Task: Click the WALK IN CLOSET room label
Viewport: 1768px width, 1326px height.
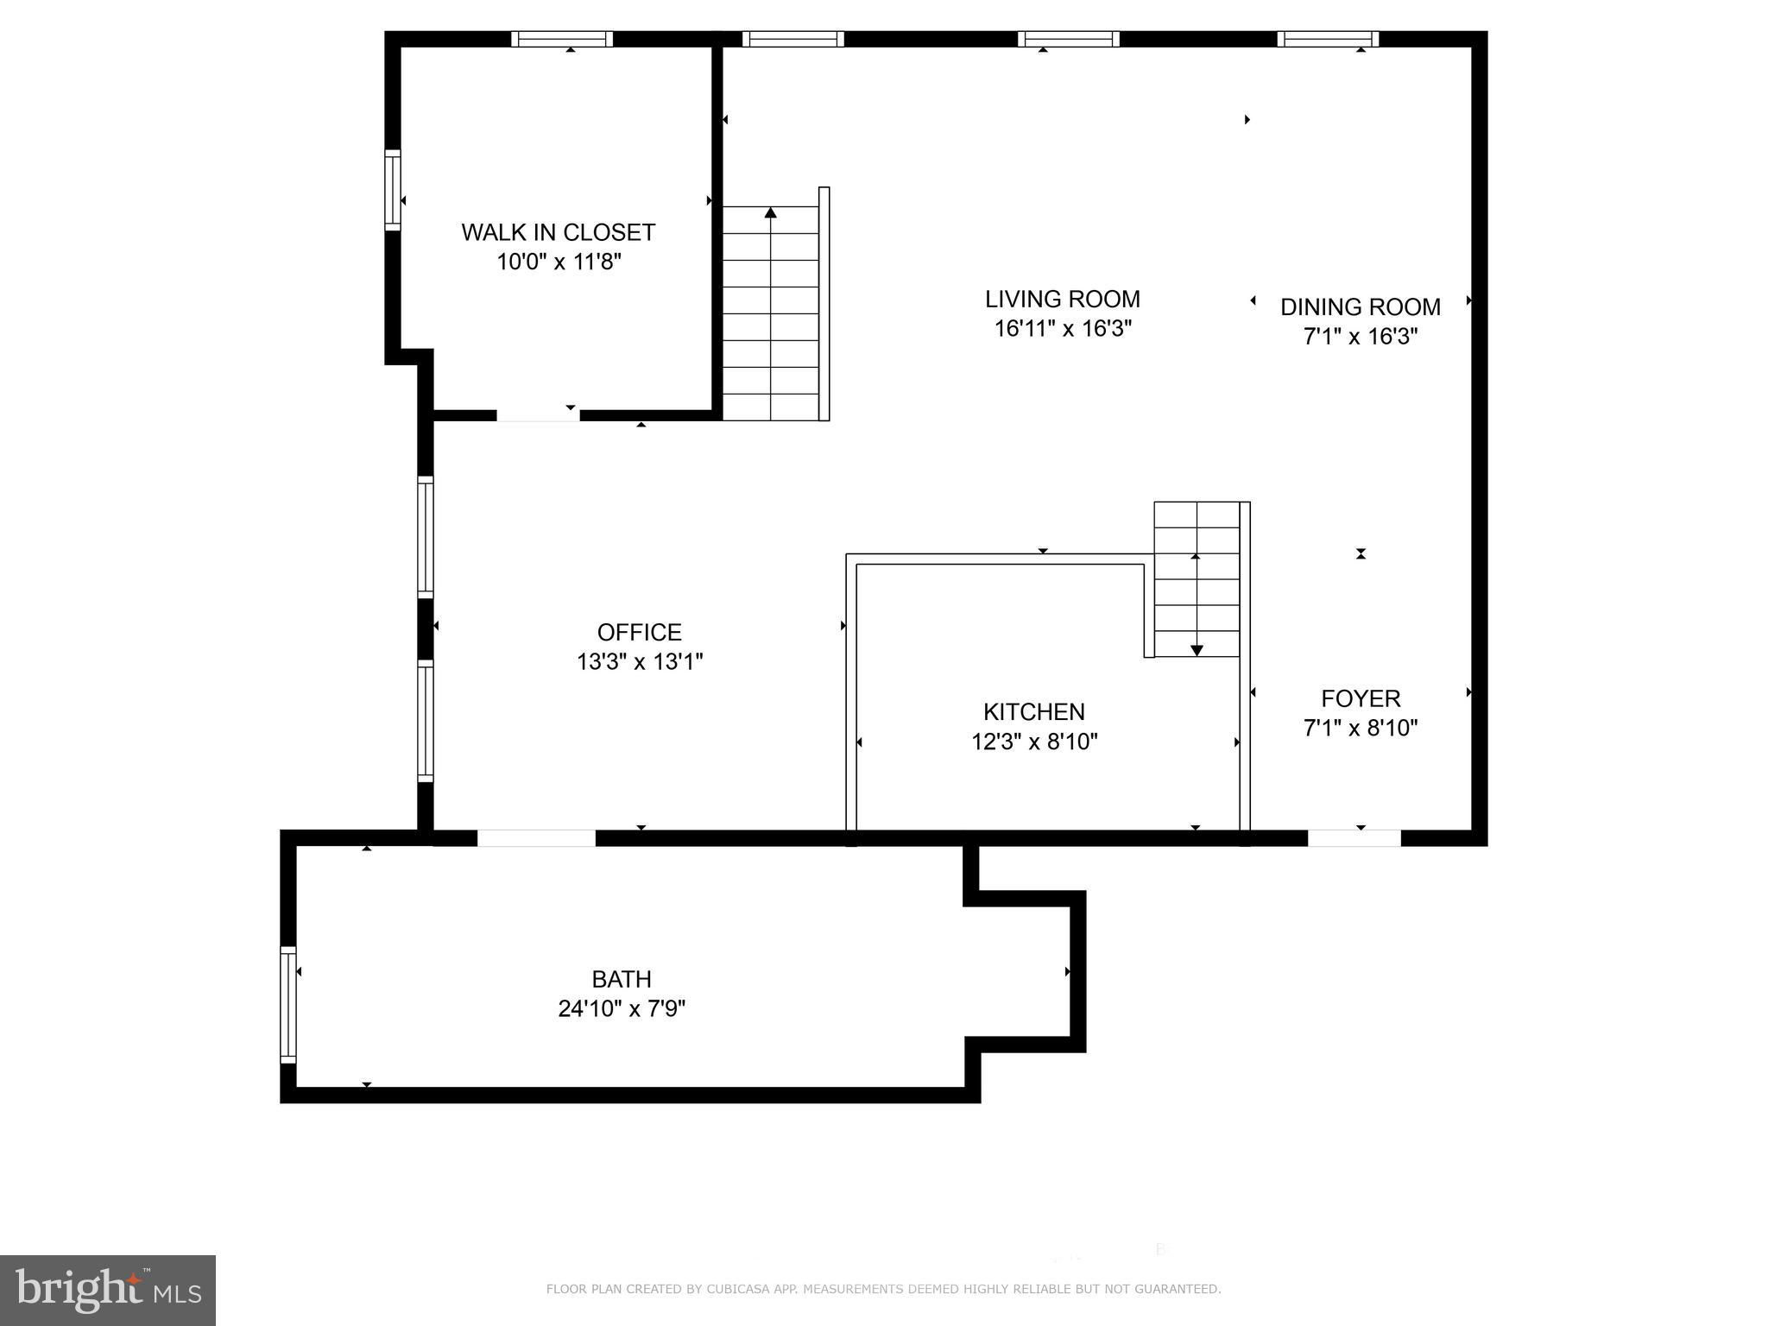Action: tap(559, 232)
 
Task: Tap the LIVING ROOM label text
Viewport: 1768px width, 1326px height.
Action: tap(1063, 299)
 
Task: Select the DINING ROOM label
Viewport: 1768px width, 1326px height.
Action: tap(1361, 306)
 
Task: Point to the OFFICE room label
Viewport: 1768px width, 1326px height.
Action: tap(640, 632)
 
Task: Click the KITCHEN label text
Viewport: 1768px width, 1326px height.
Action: tap(1034, 711)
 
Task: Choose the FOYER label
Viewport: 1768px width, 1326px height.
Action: tap(1361, 698)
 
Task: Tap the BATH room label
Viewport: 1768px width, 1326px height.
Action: tap(622, 979)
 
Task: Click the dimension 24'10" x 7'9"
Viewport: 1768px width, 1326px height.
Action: tap(622, 1008)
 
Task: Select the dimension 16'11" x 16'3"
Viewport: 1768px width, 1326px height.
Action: tap(1063, 328)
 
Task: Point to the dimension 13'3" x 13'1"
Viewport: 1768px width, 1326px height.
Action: tap(640, 661)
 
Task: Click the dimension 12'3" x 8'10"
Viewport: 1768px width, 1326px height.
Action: tap(1034, 741)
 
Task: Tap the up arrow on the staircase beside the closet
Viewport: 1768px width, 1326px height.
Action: tap(770, 212)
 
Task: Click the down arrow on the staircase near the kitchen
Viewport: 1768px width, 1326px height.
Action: tap(1197, 650)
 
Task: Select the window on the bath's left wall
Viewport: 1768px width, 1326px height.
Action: tap(288, 1004)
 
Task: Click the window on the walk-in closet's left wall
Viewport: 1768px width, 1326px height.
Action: tap(393, 190)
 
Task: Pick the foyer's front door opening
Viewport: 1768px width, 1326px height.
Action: tap(1354, 838)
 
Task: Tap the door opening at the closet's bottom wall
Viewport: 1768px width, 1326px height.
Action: tap(538, 415)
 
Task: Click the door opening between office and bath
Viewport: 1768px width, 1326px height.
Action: tap(536, 838)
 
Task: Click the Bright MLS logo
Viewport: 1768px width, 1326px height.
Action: tap(108, 1290)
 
